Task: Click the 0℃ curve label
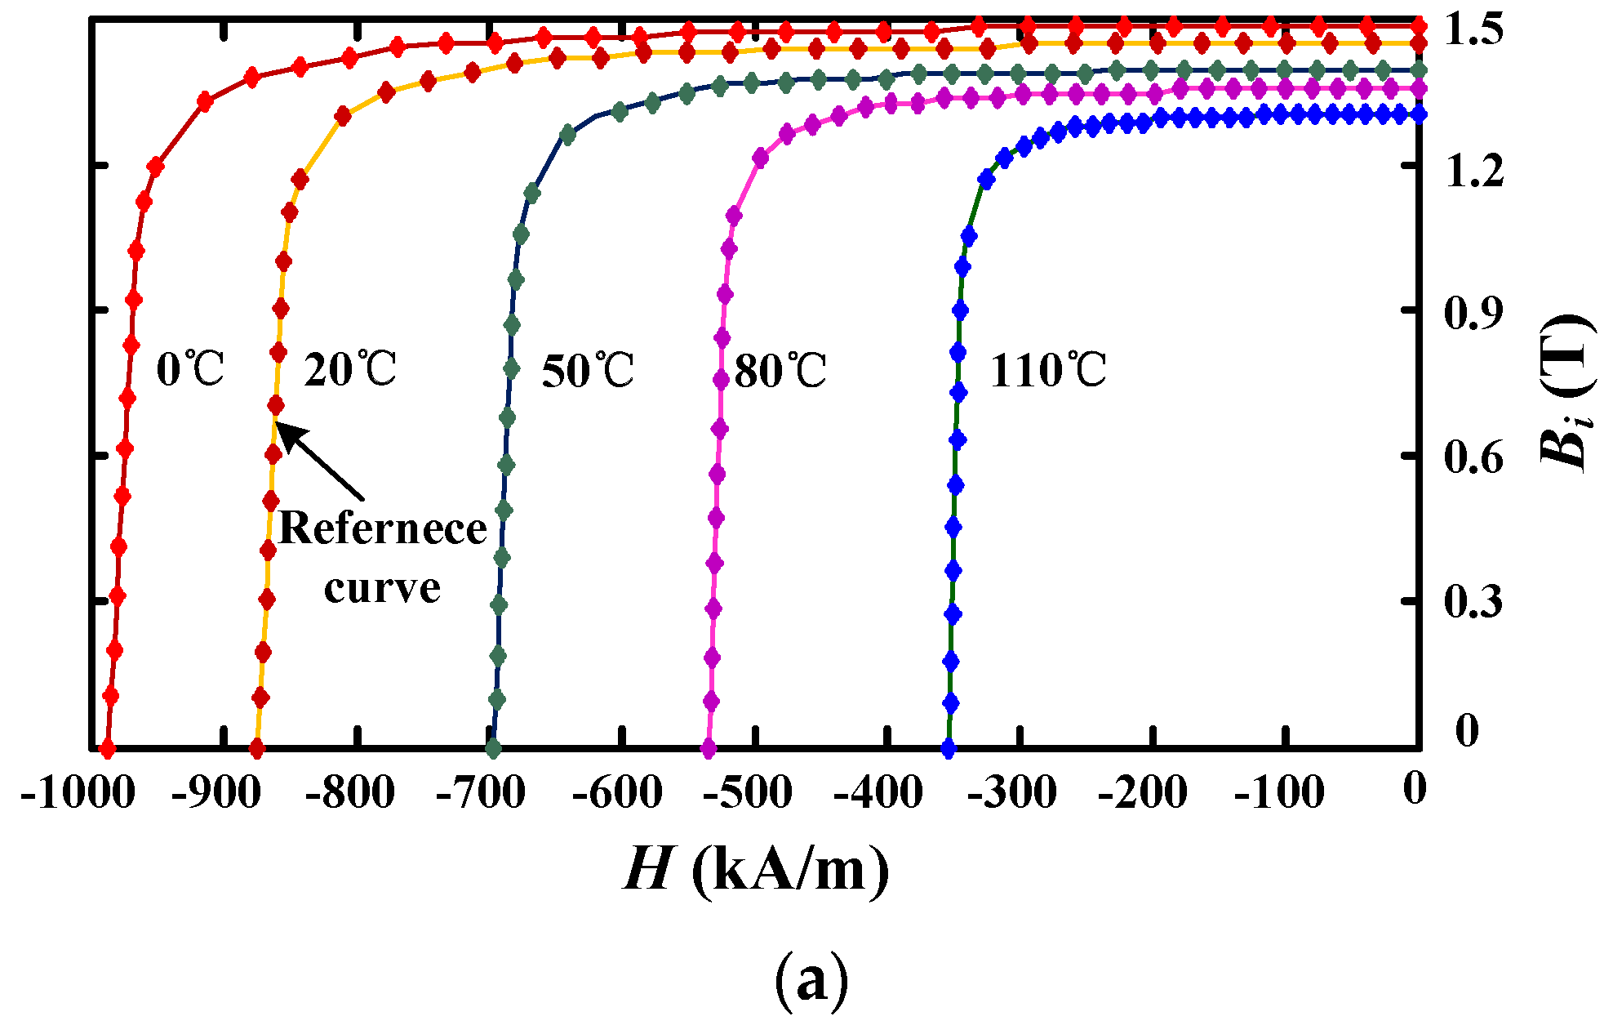click(x=189, y=369)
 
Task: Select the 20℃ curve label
click(x=349, y=369)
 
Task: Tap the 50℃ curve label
click(x=588, y=371)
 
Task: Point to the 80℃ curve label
click(x=780, y=371)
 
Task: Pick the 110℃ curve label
click(x=1047, y=371)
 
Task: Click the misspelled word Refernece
click(x=382, y=528)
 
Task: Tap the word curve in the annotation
click(x=382, y=587)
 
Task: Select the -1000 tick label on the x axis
click(x=77, y=792)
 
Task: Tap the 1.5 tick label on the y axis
click(x=1473, y=30)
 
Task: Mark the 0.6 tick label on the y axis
click(x=1473, y=457)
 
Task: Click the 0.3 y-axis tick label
click(x=1473, y=603)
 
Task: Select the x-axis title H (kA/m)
click(x=756, y=869)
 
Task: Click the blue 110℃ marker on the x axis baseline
click(x=948, y=748)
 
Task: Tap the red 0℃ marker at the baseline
click(x=106, y=748)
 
